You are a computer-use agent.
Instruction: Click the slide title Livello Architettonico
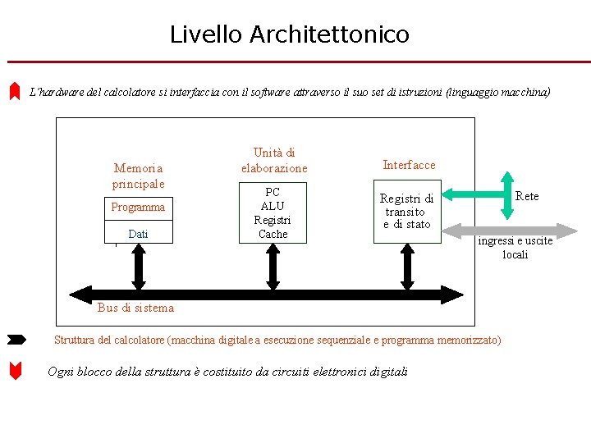point(289,34)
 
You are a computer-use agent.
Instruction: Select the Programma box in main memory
point(138,208)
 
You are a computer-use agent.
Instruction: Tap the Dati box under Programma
point(138,234)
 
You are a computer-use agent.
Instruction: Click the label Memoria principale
point(138,176)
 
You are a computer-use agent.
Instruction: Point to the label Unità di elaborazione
point(274,160)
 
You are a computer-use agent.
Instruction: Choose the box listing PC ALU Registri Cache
point(273,213)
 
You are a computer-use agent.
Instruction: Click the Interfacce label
point(409,165)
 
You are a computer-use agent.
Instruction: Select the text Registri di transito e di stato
point(406,212)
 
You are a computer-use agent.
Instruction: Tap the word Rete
point(527,196)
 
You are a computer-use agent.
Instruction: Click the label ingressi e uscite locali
point(515,248)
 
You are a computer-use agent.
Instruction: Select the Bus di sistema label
point(135,308)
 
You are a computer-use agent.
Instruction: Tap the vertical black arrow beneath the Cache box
point(272,267)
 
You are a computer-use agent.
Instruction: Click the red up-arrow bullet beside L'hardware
point(14,91)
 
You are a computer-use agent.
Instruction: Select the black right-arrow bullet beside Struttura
point(16,339)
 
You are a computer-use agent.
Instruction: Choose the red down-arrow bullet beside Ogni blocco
point(15,371)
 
